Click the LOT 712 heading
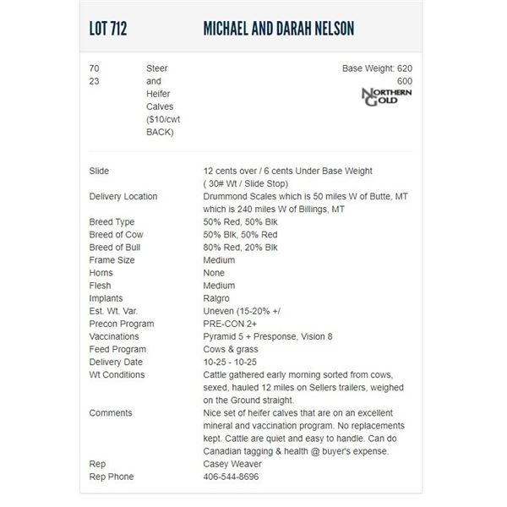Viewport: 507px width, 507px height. pos(108,30)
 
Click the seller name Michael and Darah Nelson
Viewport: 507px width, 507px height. pos(279,30)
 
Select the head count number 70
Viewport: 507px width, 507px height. pos(94,68)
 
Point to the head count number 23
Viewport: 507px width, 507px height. pos(94,81)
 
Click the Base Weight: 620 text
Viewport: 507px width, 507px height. pos(377,68)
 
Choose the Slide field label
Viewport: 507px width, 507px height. pos(99,172)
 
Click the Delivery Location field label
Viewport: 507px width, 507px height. pos(123,197)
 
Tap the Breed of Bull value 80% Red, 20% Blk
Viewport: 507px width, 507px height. pos(252,248)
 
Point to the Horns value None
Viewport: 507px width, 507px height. pos(215,273)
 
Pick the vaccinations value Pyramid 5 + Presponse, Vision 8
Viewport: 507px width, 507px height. pos(268,336)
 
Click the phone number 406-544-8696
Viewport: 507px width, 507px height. pos(231,477)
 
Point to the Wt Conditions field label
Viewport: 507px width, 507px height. pos(117,374)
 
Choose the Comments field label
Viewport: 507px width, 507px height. pos(111,413)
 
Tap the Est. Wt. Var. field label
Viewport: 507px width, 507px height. pos(116,311)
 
